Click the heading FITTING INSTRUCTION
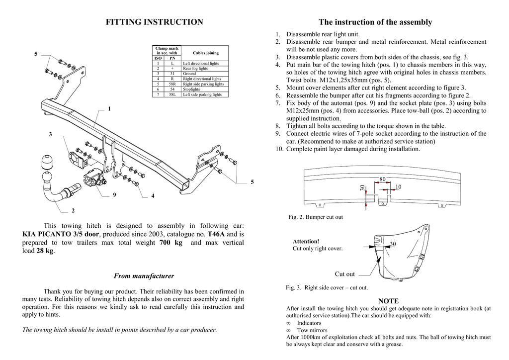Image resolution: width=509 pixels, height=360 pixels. pyautogui.click(x=155, y=22)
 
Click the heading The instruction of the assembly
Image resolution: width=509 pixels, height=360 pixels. pyautogui.click(x=375, y=22)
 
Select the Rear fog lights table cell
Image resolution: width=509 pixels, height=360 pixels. pyautogui.click(x=195, y=69)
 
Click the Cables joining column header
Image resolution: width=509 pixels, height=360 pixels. pyautogui.click(x=205, y=53)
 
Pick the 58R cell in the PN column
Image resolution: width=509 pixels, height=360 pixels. pyautogui.click(x=172, y=84)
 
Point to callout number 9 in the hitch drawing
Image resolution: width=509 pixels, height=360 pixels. pyautogui.click(x=114, y=195)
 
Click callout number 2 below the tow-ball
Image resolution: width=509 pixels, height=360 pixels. pyautogui.click(x=73, y=211)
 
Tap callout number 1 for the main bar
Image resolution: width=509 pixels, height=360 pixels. pyautogui.click(x=109, y=109)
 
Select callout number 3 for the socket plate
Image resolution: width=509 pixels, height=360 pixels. pyautogui.click(x=50, y=135)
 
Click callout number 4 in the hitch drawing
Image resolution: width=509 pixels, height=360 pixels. pyautogui.click(x=153, y=196)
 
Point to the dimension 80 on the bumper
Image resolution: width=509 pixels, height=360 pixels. pyautogui.click(x=382, y=179)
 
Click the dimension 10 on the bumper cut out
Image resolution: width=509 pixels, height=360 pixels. pyautogui.click(x=398, y=186)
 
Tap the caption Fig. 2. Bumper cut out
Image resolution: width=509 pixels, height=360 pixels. pyautogui.click(x=316, y=217)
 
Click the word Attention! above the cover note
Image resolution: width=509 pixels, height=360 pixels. pyautogui.click(x=306, y=241)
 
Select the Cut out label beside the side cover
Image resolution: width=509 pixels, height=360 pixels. pyautogui.click(x=345, y=274)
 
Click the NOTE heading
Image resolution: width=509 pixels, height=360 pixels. pyautogui.click(x=388, y=301)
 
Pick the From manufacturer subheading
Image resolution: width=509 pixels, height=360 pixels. pyautogui.click(x=144, y=276)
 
